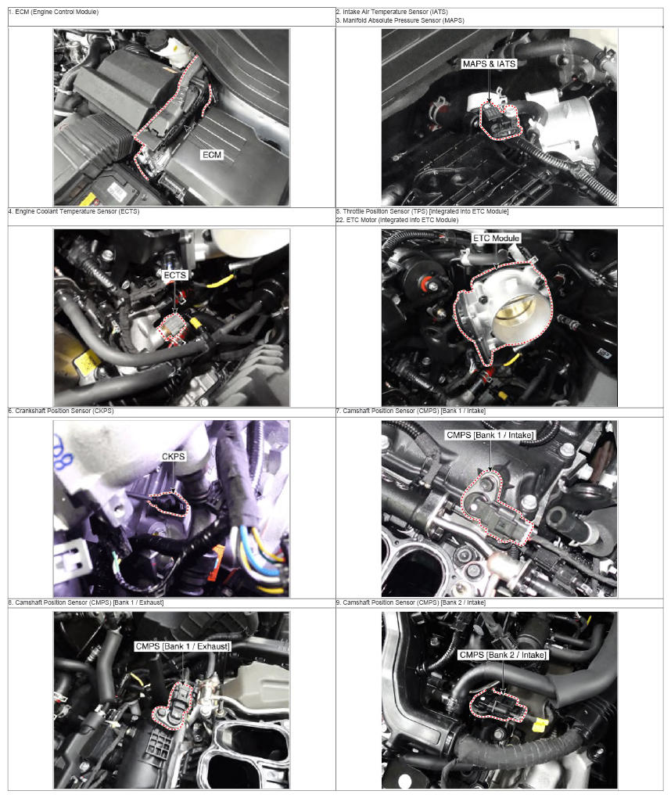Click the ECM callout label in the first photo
(212, 155)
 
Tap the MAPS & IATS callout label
(489, 63)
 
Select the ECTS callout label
(175, 275)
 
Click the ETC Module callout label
(496, 238)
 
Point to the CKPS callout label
(174, 457)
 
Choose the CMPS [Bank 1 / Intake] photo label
(490, 435)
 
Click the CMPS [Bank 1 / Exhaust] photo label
(183, 646)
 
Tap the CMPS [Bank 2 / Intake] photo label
(503, 655)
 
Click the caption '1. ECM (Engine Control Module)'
(53, 12)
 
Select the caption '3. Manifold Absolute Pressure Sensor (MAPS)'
(400, 20)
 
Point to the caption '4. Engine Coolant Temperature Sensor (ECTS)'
(74, 211)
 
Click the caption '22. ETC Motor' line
(396, 220)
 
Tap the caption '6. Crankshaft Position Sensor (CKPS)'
(61, 411)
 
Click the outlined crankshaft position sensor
(169, 503)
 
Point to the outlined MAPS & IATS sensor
(500, 121)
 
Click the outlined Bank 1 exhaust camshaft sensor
(174, 705)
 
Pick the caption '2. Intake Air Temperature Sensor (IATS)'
(392, 12)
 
